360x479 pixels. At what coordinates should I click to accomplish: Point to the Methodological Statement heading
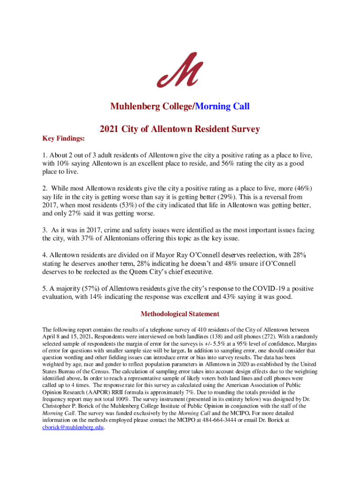[180, 314]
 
